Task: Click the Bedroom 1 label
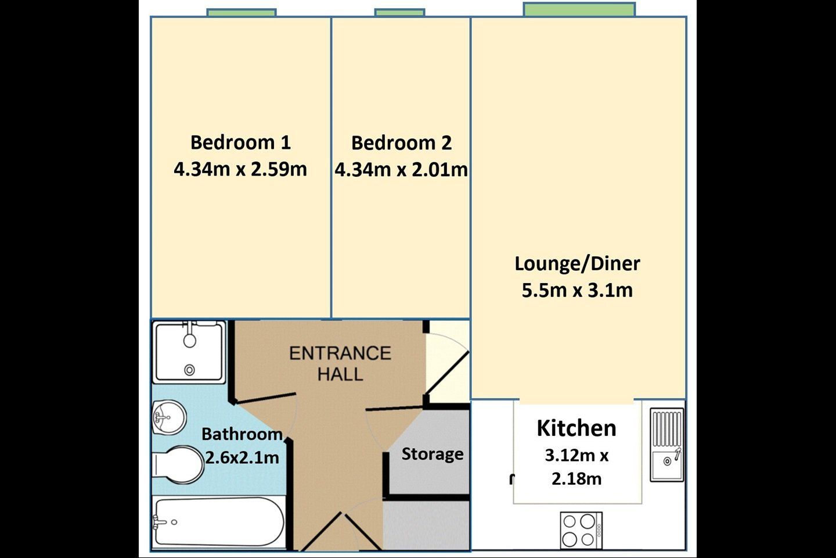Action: (x=241, y=142)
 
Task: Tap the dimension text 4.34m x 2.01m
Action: (x=401, y=169)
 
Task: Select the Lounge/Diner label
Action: (x=577, y=264)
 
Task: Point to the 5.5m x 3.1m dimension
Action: (x=577, y=291)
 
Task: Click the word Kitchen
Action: (x=576, y=428)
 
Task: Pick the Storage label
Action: (x=433, y=454)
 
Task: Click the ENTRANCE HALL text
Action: (x=340, y=364)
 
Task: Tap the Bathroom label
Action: (x=242, y=434)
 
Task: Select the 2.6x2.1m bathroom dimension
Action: (x=242, y=458)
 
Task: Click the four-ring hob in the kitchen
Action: (x=582, y=530)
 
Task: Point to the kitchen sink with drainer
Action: (x=667, y=445)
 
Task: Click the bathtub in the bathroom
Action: (x=219, y=522)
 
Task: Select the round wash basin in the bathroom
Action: (x=170, y=417)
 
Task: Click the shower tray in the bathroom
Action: (x=190, y=352)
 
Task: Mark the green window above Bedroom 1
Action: (x=242, y=13)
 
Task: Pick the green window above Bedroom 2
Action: (x=399, y=13)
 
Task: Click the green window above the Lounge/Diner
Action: (x=579, y=9)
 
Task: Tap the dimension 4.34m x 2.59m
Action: (x=240, y=169)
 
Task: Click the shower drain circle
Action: (x=190, y=370)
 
